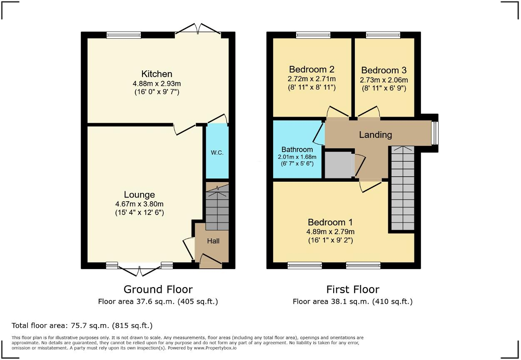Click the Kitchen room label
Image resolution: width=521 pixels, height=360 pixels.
[157, 74]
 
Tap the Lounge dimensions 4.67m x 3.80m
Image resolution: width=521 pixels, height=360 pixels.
[139, 204]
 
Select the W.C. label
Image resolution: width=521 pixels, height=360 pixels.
[217, 152]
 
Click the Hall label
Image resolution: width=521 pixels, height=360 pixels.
[213, 241]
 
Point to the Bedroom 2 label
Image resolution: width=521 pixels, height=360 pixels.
[312, 69]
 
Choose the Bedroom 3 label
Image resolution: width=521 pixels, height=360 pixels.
[384, 70]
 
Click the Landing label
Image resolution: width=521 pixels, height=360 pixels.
[375, 135]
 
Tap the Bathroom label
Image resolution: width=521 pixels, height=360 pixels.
[297, 150]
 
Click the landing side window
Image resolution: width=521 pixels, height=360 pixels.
[435, 133]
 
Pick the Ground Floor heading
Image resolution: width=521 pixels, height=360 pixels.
[158, 289]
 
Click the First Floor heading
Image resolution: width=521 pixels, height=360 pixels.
[352, 289]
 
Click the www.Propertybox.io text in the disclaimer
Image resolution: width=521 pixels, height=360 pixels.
[215, 347]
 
